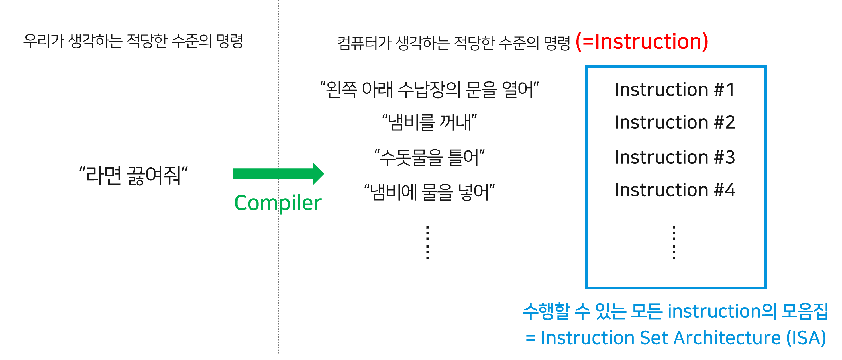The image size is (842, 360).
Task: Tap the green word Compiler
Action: pyautogui.click(x=278, y=203)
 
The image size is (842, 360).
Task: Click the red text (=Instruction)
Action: pyautogui.click(x=641, y=42)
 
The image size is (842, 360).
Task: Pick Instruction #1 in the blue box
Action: pyautogui.click(x=675, y=90)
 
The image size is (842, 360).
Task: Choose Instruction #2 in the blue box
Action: pyautogui.click(x=675, y=122)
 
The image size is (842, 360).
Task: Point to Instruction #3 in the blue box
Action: pyautogui.click(x=675, y=157)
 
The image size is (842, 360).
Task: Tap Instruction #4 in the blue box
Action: pyautogui.click(x=675, y=190)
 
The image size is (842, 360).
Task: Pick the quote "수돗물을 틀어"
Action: pyautogui.click(x=429, y=157)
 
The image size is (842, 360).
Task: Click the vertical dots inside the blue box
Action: pyautogui.click(x=674, y=242)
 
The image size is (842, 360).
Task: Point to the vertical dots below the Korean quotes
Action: pyautogui.click(x=427, y=242)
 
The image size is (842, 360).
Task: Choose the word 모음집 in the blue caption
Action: pyautogui.click(x=804, y=311)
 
